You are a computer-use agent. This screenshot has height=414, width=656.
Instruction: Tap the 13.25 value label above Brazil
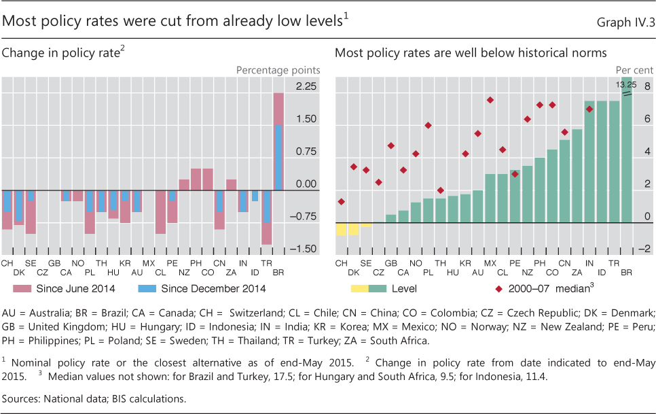[x=626, y=85]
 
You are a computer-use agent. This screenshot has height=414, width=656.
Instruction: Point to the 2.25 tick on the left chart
[x=306, y=86]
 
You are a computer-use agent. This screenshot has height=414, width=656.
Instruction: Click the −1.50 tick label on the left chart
[x=304, y=249]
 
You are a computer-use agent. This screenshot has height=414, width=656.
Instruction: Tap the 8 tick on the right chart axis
[x=647, y=86]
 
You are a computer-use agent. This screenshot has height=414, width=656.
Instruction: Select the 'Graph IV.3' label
[x=625, y=22]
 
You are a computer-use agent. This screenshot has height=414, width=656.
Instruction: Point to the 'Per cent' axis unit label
[x=634, y=70]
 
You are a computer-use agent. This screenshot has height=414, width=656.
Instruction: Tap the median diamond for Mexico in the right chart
[x=490, y=100]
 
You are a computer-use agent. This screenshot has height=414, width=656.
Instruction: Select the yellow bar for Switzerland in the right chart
[x=341, y=229]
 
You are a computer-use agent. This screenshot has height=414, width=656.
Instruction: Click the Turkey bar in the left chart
[x=266, y=217]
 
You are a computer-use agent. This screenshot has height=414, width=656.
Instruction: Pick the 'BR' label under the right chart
[x=626, y=272]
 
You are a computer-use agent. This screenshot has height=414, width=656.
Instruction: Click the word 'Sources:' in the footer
[x=20, y=398]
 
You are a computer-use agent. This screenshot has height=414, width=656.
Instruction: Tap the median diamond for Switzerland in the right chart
[x=341, y=201]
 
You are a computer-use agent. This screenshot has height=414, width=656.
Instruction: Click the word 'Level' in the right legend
[x=404, y=289]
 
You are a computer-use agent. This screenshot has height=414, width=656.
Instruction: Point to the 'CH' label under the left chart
[x=7, y=262]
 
